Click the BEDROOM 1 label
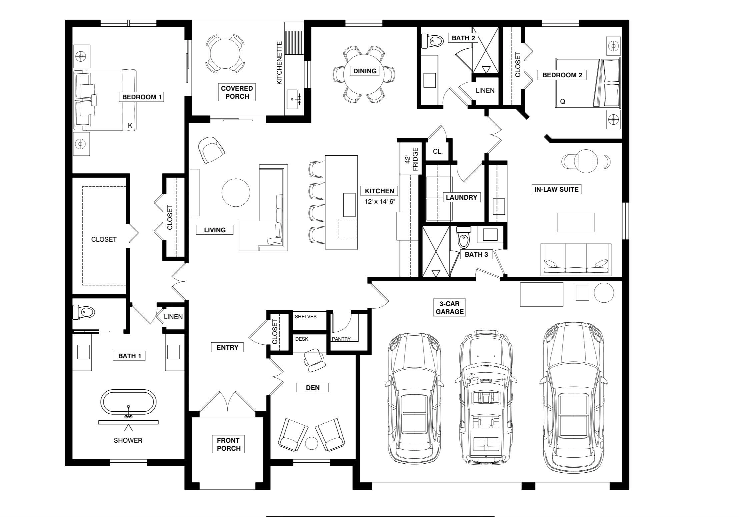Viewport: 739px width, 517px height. coord(142,97)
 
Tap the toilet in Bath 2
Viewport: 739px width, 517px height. coord(432,41)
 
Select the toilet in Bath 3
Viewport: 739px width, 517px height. coord(463,237)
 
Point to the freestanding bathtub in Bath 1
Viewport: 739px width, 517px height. coord(128,402)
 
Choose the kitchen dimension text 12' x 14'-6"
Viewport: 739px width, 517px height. coord(380,202)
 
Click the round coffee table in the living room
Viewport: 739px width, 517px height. coord(236,193)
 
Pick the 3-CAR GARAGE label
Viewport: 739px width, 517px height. coord(450,308)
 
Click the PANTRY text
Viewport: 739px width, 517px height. coord(341,339)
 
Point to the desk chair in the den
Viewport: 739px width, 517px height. coord(314,360)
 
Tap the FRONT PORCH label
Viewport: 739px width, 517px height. coord(229,444)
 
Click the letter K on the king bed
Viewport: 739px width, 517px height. coord(130,126)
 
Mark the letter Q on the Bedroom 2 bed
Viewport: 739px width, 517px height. coord(562,102)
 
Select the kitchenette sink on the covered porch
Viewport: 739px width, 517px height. coord(294,99)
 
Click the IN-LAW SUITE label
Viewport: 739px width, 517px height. coord(556,189)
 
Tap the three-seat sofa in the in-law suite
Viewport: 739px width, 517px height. coord(576,259)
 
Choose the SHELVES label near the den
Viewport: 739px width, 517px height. coord(306,317)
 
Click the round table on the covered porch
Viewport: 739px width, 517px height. coord(225,54)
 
